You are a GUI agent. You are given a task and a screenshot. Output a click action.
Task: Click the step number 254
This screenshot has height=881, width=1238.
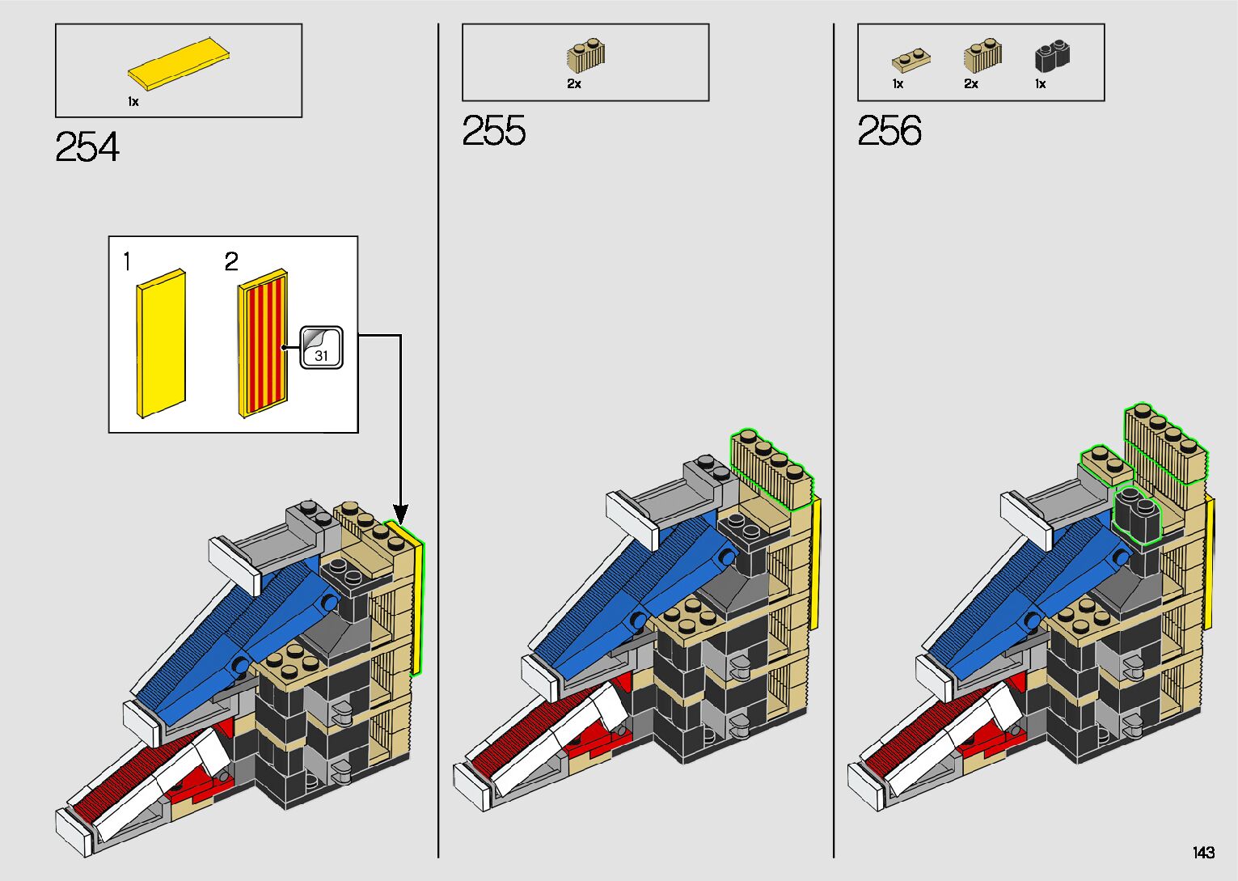87,146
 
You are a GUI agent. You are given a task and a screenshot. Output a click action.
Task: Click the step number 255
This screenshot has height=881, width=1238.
493,130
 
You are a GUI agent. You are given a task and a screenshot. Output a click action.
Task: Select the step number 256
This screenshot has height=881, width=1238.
889,130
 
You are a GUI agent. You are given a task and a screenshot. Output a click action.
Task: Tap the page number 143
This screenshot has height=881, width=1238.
1203,852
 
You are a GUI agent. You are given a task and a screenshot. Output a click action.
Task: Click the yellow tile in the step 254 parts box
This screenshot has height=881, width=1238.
178,64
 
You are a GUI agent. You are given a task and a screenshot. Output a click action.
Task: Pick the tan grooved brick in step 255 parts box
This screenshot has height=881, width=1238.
585,55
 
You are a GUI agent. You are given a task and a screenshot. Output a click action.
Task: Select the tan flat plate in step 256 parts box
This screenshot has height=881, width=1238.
911,61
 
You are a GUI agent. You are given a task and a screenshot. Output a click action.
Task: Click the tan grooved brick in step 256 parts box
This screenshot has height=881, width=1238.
982,55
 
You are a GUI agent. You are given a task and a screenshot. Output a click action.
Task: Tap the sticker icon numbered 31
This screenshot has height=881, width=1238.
321,347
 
